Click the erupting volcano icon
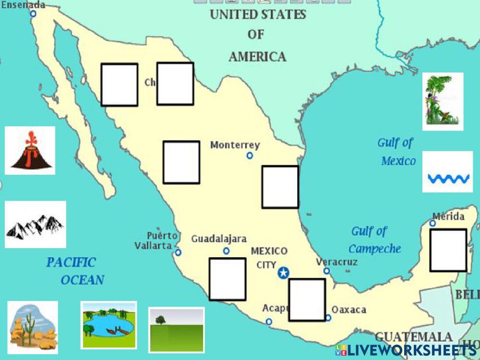pos(30,151)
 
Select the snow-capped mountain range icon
pos(35,225)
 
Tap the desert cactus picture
pos(33,327)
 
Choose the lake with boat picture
pos(108,324)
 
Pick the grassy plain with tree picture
pos(176,330)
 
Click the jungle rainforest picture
pos(443,101)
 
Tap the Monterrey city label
pos(235,145)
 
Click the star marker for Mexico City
pos(284,273)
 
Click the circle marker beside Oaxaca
pos(328,318)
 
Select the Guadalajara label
pos(219,239)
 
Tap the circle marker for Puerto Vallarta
pos(178,252)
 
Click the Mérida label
pos(448,216)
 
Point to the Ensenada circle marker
pos(33,14)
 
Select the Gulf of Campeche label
pos(374,240)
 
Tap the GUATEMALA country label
pos(413,336)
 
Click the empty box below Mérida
pos(448,250)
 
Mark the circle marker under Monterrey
pos(250,156)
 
